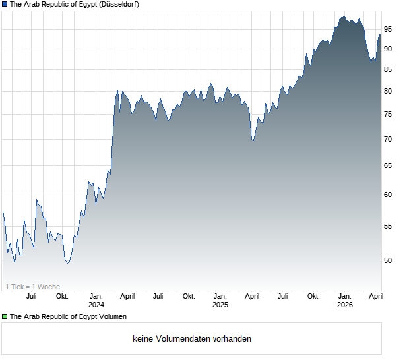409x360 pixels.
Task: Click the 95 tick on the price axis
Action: [x=389, y=29]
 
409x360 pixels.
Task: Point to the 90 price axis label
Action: [x=389, y=49]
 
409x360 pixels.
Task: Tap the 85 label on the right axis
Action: [x=389, y=69]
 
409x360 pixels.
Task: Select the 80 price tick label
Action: [x=389, y=92]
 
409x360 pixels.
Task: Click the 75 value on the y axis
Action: [x=389, y=115]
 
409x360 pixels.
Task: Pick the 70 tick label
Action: [x=389, y=140]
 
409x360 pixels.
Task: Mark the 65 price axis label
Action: [x=389, y=166]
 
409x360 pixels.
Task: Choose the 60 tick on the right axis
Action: [x=389, y=195]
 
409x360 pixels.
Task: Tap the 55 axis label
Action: [x=389, y=226]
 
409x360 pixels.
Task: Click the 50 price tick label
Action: [x=389, y=260]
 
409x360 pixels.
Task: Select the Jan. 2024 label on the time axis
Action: [x=96, y=301]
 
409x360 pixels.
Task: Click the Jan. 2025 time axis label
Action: [x=220, y=301]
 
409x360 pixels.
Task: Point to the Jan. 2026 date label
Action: [x=344, y=301]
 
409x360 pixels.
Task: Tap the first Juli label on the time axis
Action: [x=31, y=297]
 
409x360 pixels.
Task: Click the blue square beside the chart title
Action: [x=5, y=4]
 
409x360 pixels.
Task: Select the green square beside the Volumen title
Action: [x=5, y=317]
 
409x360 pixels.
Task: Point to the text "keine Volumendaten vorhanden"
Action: [x=192, y=339]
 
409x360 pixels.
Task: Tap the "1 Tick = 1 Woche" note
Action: [x=32, y=287]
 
